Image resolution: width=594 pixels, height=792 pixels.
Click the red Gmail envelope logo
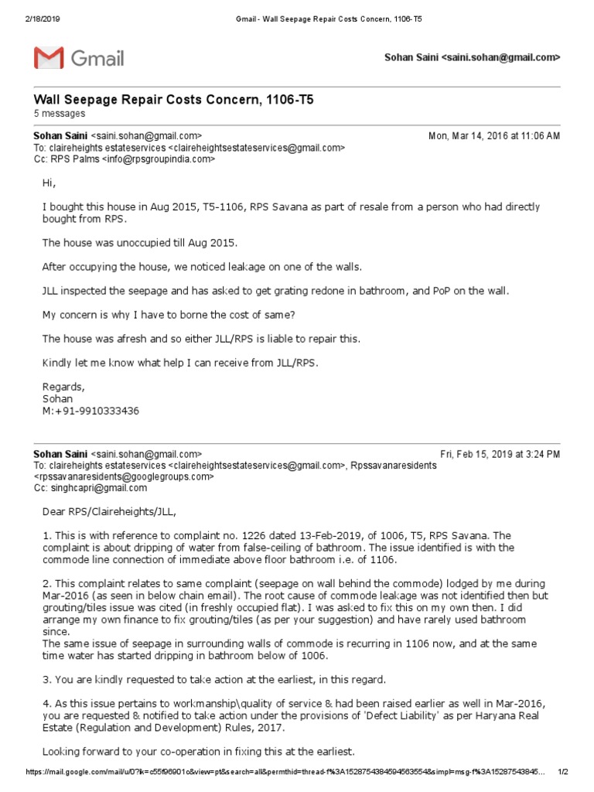click(x=48, y=58)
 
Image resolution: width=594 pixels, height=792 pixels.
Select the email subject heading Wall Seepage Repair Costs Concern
click(x=173, y=100)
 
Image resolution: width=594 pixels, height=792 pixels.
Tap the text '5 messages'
click(x=59, y=114)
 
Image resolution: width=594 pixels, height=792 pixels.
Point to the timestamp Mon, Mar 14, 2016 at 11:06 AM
click(x=494, y=135)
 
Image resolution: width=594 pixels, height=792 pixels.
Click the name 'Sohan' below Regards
click(x=56, y=398)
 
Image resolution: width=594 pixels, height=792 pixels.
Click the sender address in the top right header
click(x=472, y=58)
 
